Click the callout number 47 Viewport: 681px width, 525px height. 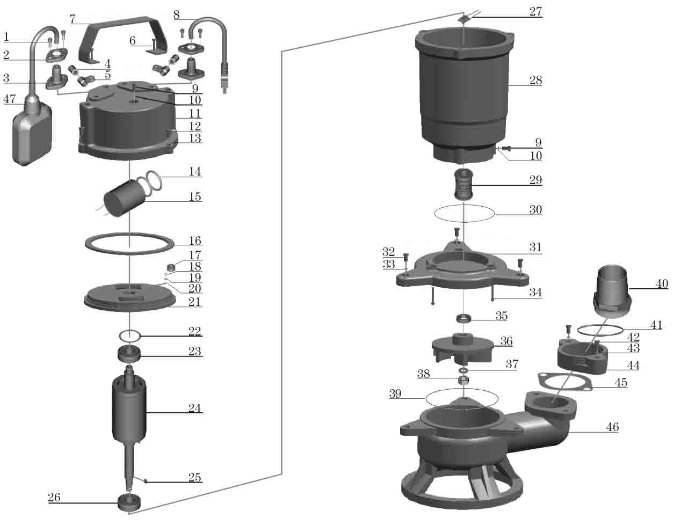click(10, 99)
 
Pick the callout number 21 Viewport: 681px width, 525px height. click(194, 302)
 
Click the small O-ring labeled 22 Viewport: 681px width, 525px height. click(130, 336)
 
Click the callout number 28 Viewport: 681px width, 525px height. click(535, 81)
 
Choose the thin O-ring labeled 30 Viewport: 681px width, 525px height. click(464, 213)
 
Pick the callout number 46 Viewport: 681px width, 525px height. click(612, 427)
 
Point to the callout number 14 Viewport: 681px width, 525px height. click(194, 172)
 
